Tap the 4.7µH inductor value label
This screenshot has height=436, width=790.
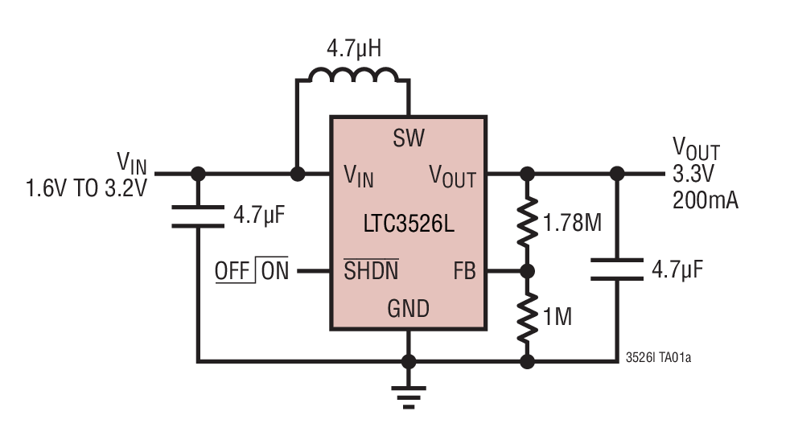coord(353,49)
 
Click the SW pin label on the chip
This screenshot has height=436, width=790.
coord(409,138)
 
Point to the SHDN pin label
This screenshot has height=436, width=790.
coord(371,271)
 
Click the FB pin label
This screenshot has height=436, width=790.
coord(464,271)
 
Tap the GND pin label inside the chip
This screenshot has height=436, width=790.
coord(409,308)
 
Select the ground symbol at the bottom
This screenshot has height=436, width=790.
coord(409,393)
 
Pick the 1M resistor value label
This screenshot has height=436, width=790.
coord(558,317)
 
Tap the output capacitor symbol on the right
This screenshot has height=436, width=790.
coord(616,269)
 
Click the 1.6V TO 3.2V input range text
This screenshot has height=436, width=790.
coord(86,190)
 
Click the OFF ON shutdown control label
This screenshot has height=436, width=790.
coord(251,271)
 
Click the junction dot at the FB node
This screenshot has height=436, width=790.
coord(527,271)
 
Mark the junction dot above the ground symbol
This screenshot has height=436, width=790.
coord(409,361)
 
